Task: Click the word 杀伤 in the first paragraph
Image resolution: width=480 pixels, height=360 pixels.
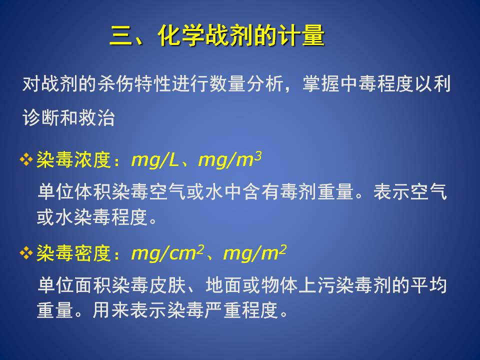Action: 116,83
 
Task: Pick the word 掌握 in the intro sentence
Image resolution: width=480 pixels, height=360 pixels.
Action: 321,83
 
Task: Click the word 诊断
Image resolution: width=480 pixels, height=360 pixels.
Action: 40,118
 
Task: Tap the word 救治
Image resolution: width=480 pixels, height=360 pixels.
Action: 96,118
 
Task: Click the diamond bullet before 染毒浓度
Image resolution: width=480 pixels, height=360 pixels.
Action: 26,159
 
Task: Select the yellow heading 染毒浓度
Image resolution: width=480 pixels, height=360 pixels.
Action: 73,159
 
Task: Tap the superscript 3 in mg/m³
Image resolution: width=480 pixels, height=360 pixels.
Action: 258,156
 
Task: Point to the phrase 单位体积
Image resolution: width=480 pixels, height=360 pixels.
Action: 74,192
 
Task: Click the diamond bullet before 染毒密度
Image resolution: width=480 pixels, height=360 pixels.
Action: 26,253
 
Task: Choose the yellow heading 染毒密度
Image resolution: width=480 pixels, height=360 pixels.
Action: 73,253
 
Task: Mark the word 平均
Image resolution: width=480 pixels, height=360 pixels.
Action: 428,285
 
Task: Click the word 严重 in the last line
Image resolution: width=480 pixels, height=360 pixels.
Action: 223,310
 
